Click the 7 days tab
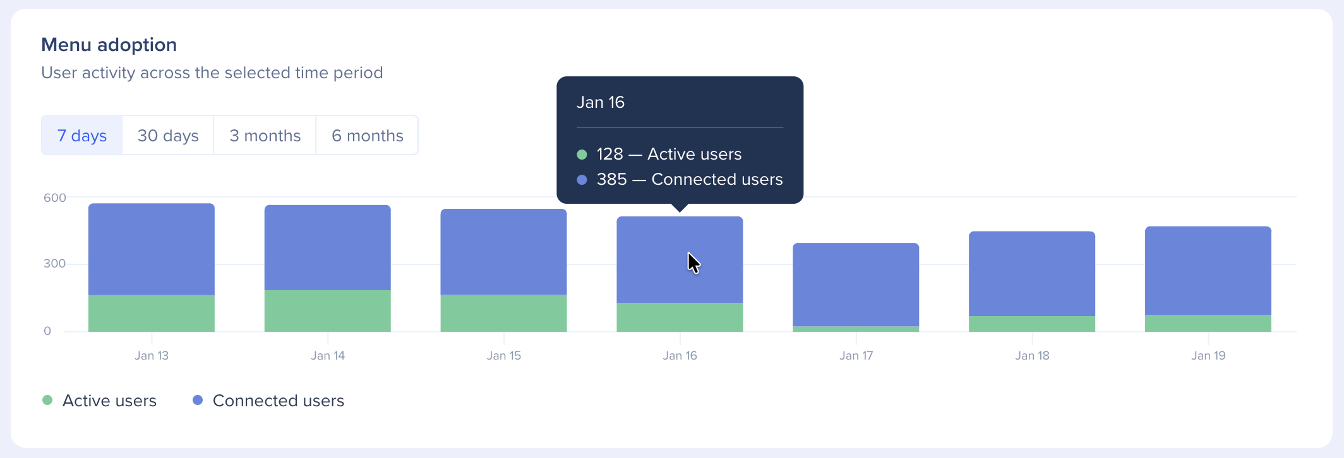82,136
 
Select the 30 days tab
168,136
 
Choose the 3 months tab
265,136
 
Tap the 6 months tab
367,136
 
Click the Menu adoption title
109,45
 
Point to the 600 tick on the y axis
54,198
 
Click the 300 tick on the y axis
54,264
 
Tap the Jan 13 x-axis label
152,356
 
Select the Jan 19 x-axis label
1208,356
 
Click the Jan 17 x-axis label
856,356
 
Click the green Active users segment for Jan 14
327,311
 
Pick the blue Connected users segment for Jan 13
152,249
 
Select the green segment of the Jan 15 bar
503,313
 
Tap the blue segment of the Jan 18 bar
1032,274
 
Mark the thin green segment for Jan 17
856,329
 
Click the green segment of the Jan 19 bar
1208,323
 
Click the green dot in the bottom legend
47,400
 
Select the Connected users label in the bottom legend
278,401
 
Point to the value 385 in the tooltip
611,180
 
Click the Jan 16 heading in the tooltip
600,102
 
